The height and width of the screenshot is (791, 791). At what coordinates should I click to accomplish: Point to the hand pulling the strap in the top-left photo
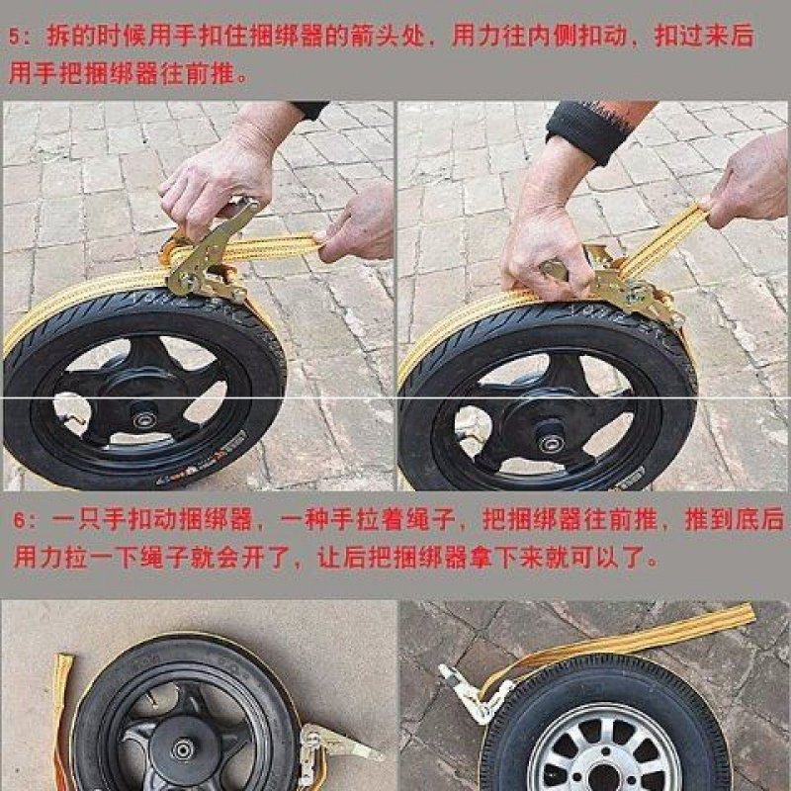click(356, 222)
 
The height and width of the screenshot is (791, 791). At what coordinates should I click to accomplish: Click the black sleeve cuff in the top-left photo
click(309, 109)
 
